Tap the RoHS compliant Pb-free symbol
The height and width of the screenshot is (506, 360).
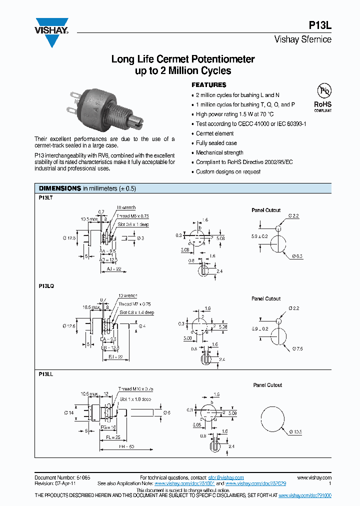pyautogui.click(x=322, y=97)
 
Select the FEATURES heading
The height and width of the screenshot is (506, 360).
pyautogui.click(x=209, y=85)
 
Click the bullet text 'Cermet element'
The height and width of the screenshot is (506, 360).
pyautogui.click(x=215, y=133)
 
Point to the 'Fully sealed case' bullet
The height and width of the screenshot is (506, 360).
pyautogui.click(x=216, y=143)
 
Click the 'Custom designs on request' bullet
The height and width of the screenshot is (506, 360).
pyautogui.click(x=228, y=171)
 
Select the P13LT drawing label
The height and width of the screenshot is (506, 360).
pyautogui.click(x=46, y=197)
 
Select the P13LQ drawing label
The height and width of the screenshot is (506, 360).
pyautogui.click(x=46, y=286)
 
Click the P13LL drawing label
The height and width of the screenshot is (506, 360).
pyautogui.click(x=46, y=373)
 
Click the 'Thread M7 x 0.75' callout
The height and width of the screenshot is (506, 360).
pyautogui.click(x=134, y=304)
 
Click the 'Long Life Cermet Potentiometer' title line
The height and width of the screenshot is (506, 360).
pyautogui.click(x=183, y=59)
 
